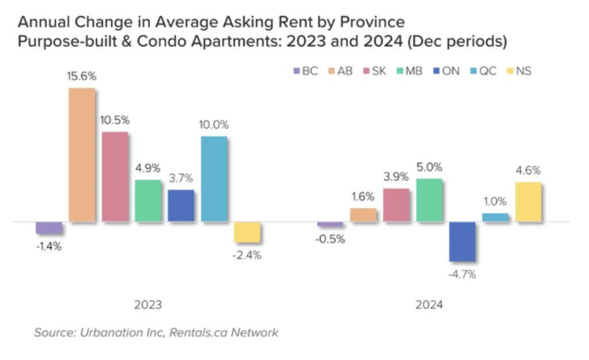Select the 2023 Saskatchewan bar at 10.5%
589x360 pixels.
click(x=115, y=177)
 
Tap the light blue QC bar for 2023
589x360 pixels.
click(x=214, y=179)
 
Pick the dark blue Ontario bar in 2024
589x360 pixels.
click(x=462, y=241)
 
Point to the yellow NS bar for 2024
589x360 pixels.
click(x=529, y=201)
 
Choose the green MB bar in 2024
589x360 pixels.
click(x=429, y=200)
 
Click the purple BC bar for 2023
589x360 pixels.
click(x=49, y=228)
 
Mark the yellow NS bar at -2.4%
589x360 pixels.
click(x=247, y=232)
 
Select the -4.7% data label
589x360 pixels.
click(x=462, y=274)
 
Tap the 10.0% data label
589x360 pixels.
click(x=214, y=125)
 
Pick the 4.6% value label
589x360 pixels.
click(x=528, y=171)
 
